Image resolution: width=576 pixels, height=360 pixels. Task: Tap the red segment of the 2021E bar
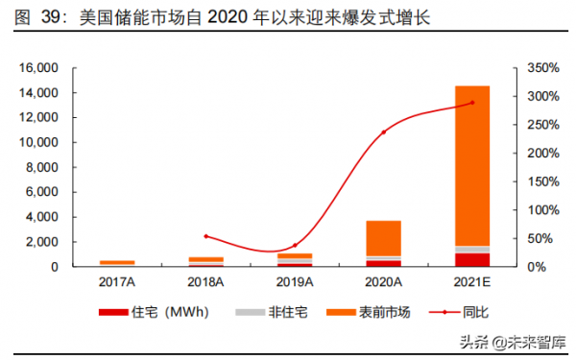coord(471,259)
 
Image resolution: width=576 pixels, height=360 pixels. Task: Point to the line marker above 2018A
coord(205,236)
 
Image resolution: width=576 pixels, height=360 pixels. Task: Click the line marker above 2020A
coord(383,132)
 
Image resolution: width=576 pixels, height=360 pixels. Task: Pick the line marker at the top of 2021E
coord(471,103)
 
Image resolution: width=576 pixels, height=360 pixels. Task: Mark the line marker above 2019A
coord(295,246)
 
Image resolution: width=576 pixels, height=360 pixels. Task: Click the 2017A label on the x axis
coord(117,281)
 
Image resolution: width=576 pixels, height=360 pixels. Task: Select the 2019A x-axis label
coord(295,281)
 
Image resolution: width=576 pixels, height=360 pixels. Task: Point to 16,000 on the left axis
coord(39,68)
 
